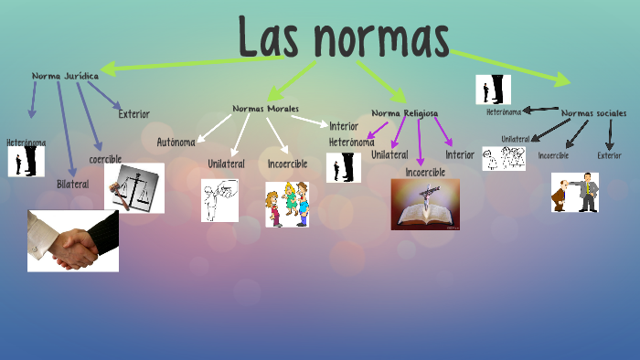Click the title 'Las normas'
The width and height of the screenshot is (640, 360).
(x=344, y=37)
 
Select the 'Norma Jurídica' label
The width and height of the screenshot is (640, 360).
(x=65, y=76)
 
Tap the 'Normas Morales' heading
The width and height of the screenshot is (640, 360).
(x=265, y=108)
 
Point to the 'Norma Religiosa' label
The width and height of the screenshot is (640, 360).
(x=404, y=113)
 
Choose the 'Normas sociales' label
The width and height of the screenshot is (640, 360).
(x=593, y=113)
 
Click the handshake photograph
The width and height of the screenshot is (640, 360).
(x=73, y=241)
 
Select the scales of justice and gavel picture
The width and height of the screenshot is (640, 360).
(x=134, y=187)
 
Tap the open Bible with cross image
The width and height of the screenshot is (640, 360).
(x=425, y=204)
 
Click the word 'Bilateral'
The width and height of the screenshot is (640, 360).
(x=73, y=184)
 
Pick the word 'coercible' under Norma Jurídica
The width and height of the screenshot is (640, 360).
(x=105, y=159)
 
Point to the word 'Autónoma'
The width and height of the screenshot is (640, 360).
(x=176, y=142)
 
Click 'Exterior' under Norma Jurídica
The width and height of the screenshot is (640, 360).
(x=133, y=114)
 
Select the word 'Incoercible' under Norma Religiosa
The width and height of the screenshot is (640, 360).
(x=425, y=172)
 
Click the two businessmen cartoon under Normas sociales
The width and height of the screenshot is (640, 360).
(x=575, y=192)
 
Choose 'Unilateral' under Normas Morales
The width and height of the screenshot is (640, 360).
(x=226, y=164)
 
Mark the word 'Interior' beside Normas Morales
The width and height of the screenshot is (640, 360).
(x=344, y=126)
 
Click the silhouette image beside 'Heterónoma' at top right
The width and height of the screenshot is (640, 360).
(x=493, y=90)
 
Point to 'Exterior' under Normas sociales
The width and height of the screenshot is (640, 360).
(x=609, y=155)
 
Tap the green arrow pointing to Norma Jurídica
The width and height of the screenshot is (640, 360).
(x=183, y=64)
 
